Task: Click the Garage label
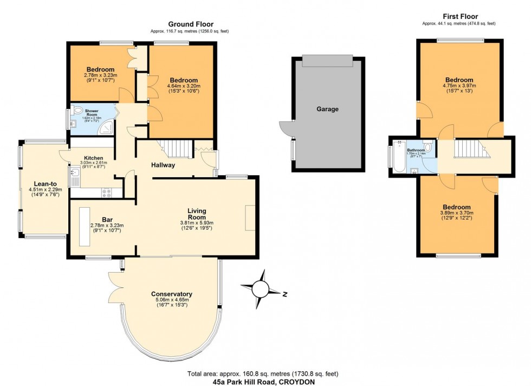point(327,109)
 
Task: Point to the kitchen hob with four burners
point(106,191)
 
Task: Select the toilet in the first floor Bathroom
point(428,147)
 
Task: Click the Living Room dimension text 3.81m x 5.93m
point(197,223)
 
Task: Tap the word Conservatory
point(171,294)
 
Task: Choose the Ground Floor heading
point(190,24)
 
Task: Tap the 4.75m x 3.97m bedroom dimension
point(458,86)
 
